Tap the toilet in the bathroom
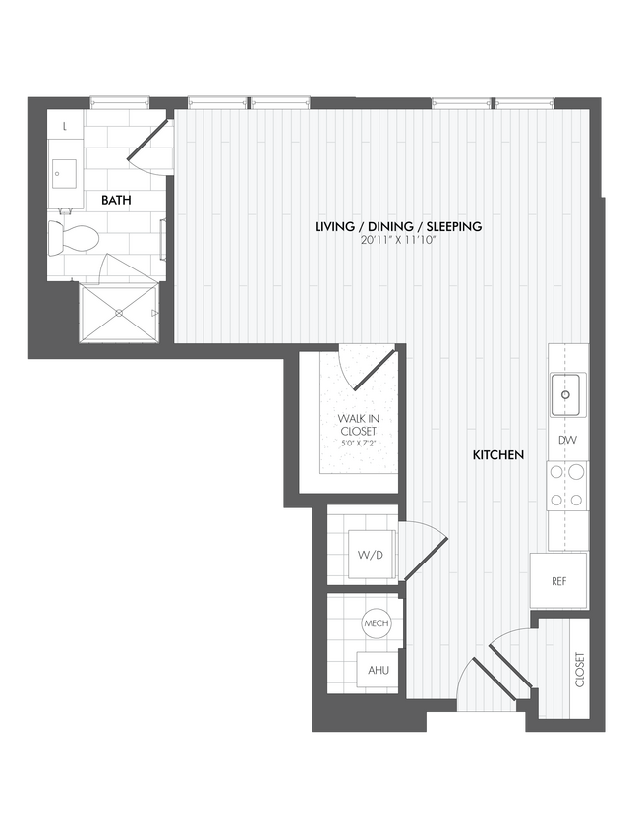coord(78,237)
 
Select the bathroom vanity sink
coord(64,175)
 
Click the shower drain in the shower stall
coord(119,313)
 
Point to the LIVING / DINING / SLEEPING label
coord(397,227)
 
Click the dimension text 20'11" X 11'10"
coord(397,241)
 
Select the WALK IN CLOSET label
coord(358,424)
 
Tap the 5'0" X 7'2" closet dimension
coord(358,443)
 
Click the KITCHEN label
coord(497,455)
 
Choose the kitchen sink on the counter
coord(567,394)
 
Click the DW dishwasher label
coord(567,441)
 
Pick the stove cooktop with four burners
coord(567,486)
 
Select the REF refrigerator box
coord(558,581)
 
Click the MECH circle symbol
coord(376,623)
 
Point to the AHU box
coord(377,670)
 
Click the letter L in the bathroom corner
coord(65,127)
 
